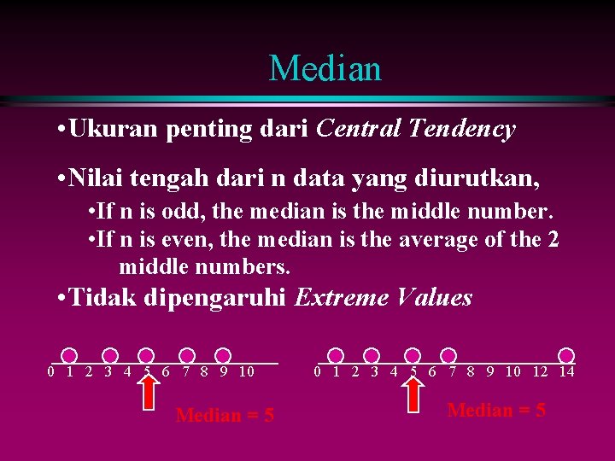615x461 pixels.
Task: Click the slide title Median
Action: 325,68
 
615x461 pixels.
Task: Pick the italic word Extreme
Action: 340,298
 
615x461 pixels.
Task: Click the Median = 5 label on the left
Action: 225,416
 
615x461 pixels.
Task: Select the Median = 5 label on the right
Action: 496,411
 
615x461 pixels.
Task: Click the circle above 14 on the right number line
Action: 566,355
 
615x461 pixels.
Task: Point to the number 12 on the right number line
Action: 540,371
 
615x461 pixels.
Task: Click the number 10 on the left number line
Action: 246,371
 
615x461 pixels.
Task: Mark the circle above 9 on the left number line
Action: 223,355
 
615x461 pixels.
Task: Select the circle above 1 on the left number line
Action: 70,355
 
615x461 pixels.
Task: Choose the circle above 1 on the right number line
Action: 336,355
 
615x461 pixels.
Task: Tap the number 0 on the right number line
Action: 317,371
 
